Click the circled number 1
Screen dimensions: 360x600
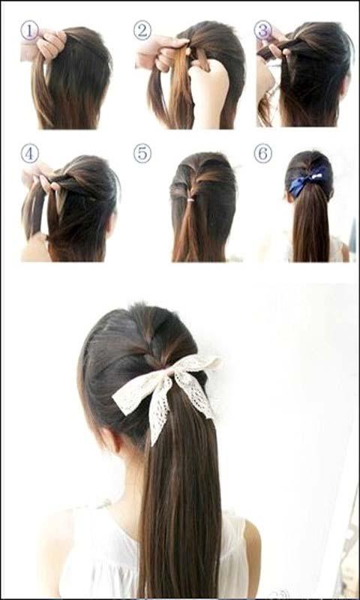tap(29, 30)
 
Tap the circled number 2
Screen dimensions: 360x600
tap(142, 30)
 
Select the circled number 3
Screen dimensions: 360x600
tap(263, 30)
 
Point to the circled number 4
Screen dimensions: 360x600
tap(29, 153)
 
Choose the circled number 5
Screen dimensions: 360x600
tap(142, 153)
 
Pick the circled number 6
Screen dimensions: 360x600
tap(263, 153)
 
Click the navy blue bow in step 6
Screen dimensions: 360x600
tap(307, 181)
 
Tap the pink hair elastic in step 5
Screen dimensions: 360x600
tap(191, 199)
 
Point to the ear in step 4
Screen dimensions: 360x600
tap(112, 226)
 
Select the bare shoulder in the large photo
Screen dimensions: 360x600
tap(251, 551)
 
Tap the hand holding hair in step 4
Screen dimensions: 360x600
tap(40, 177)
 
